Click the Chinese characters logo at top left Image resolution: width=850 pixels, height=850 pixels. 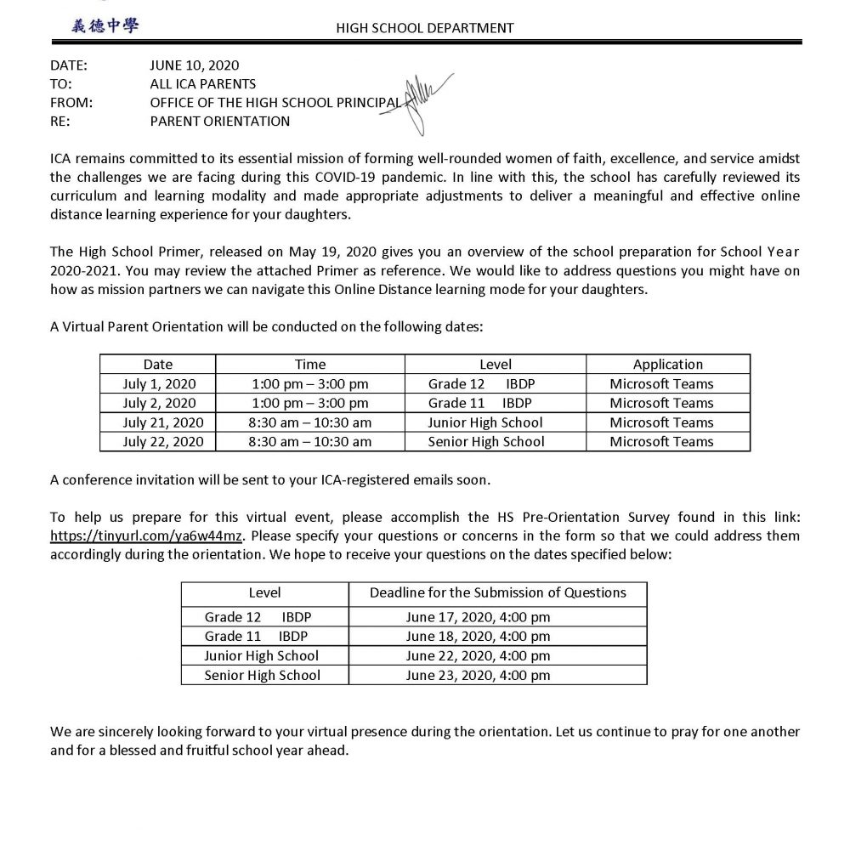(105, 25)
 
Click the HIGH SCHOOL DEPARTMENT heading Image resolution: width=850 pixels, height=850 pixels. (425, 28)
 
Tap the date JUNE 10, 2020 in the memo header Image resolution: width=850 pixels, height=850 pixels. (195, 65)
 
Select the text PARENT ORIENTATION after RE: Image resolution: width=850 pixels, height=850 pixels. (219, 122)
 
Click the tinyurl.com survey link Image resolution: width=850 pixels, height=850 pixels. (147, 536)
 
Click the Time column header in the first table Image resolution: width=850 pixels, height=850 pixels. (310, 365)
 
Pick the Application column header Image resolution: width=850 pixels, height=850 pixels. (667, 365)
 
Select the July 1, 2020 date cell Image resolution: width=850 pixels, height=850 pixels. (159, 383)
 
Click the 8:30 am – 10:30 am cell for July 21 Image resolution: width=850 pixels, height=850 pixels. (310, 422)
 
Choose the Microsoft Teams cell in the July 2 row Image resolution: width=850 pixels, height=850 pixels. (661, 403)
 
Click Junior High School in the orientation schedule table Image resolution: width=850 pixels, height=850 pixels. (485, 422)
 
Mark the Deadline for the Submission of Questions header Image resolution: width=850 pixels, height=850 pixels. (497, 592)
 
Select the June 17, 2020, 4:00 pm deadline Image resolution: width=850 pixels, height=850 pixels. (478, 616)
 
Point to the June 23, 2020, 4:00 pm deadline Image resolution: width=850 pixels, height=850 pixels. (478, 676)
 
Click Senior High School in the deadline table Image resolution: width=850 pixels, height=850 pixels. (263, 676)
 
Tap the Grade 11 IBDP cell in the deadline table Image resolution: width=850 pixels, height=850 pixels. (256, 636)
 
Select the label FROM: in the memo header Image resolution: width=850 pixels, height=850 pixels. (71, 103)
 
